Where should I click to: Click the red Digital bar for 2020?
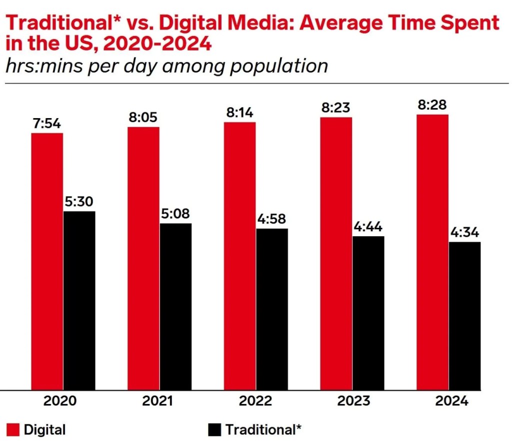[x=47, y=260]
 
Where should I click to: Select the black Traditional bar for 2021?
[x=175, y=306]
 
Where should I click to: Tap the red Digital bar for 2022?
[x=239, y=255]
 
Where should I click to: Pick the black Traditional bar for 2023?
[x=368, y=312]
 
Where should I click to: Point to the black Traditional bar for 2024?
[x=464, y=315]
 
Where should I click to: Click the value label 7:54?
[x=47, y=123]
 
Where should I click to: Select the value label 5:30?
[x=79, y=202]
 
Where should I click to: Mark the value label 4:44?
[x=368, y=226]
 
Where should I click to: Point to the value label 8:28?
[x=432, y=105]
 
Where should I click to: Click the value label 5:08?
[x=175, y=214]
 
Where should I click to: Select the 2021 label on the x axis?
[x=159, y=401]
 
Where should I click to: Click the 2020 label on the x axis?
[x=62, y=401]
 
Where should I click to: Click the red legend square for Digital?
[x=13, y=429]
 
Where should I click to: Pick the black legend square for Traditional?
[x=214, y=429]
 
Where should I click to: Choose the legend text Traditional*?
[x=263, y=429]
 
